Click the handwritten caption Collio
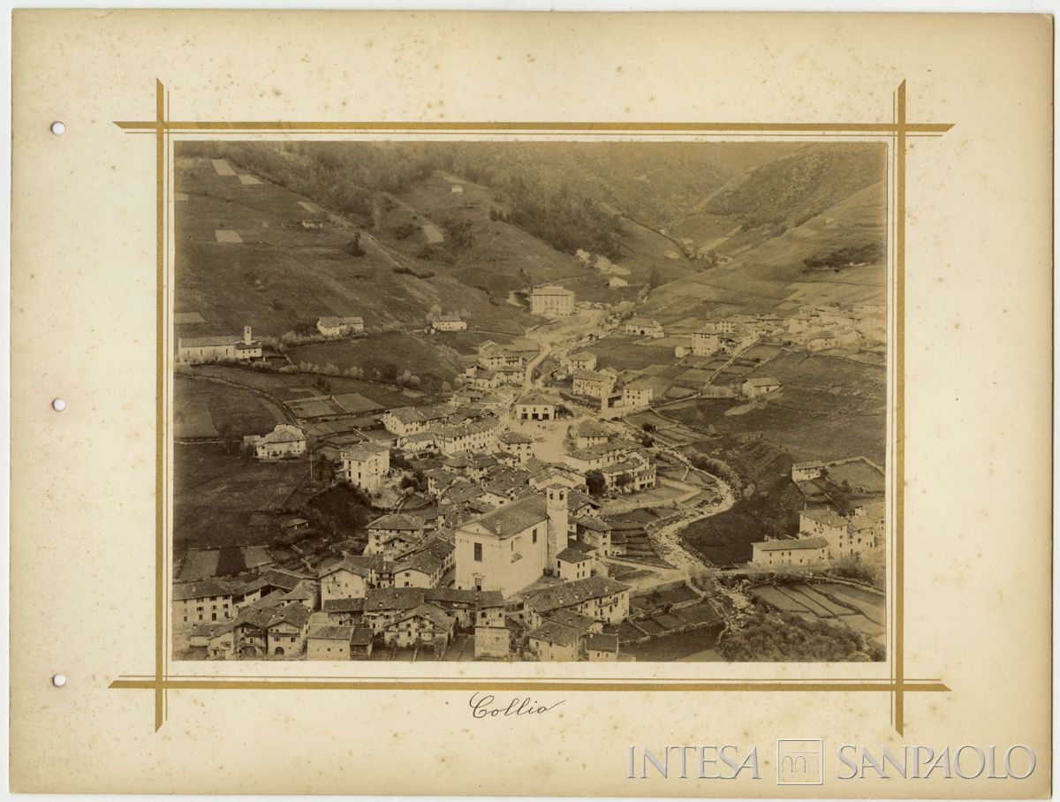point(516,706)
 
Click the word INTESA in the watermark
point(693,762)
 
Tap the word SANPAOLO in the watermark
point(935,762)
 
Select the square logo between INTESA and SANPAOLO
point(799,761)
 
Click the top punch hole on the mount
point(57,128)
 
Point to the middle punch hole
point(57,405)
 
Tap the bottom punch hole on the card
point(57,680)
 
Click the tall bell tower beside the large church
point(556,526)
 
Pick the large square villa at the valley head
point(552,301)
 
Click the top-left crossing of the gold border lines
point(160,127)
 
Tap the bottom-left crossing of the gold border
point(160,683)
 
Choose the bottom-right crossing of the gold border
point(899,685)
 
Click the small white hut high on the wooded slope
point(456,187)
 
